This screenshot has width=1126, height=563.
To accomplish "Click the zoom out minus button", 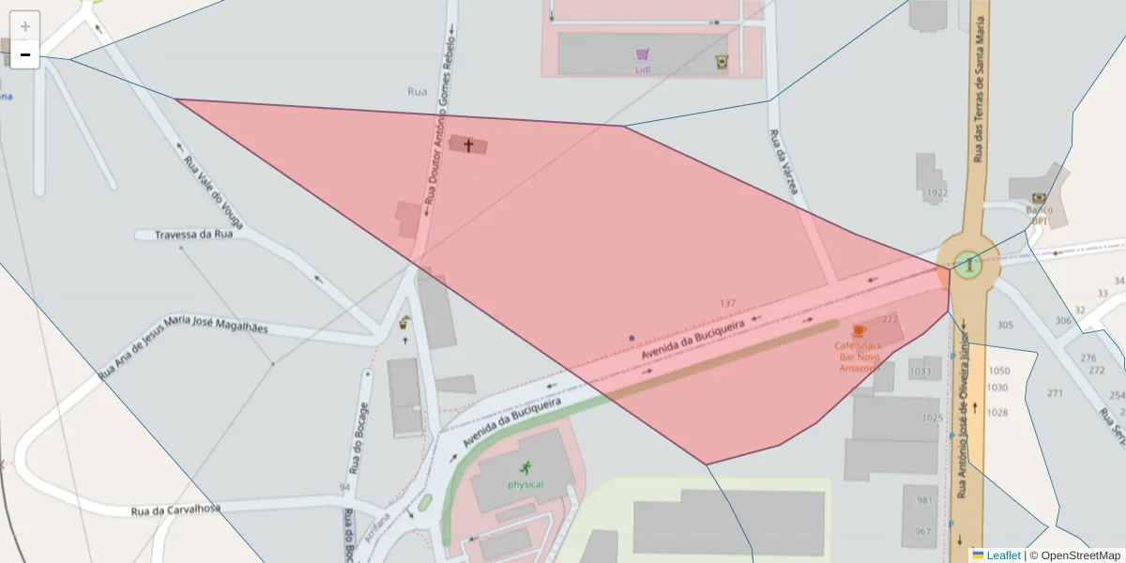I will tap(25, 54).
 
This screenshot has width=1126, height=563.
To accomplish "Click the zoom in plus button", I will tap(25, 25).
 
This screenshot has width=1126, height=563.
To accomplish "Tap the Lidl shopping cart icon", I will tap(643, 54).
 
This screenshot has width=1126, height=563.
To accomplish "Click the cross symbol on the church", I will tap(468, 145).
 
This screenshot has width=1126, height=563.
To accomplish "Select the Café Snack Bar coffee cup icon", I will tap(859, 331).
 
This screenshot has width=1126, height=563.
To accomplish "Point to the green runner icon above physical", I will tap(525, 467).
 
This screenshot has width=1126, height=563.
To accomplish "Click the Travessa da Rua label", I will tap(193, 235).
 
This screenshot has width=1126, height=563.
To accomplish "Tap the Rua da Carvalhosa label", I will tap(175, 510).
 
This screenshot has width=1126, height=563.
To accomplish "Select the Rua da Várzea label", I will tap(784, 161).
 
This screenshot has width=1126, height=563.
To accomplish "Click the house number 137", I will tap(727, 303).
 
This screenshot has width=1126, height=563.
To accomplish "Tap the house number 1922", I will tap(936, 193).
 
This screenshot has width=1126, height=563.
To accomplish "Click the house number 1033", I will tap(921, 372).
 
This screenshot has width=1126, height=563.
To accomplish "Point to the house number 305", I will tap(1005, 326).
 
